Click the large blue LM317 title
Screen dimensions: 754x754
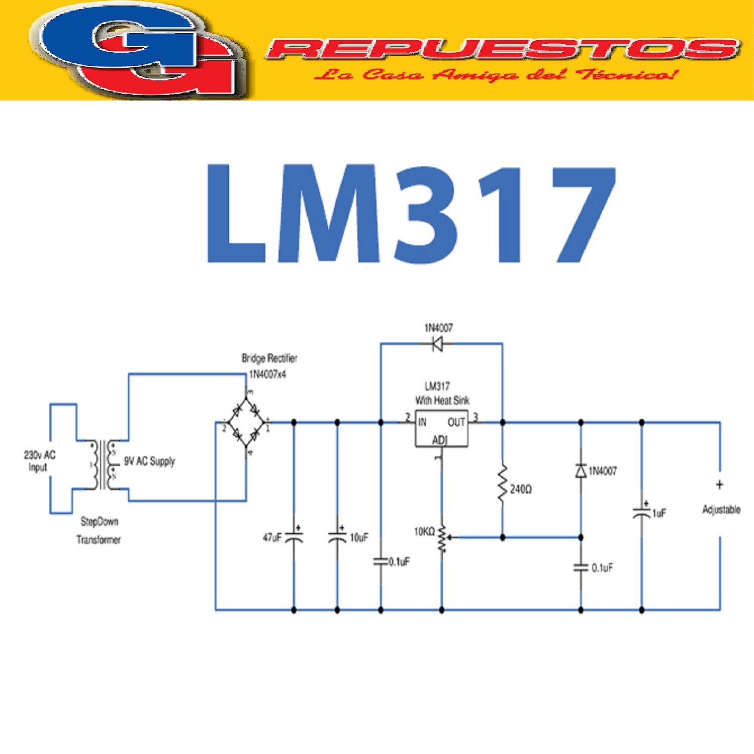click(411, 214)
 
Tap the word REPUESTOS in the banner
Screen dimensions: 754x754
click(503, 49)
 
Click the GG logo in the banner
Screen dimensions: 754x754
click(138, 50)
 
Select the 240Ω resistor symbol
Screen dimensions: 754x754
click(502, 484)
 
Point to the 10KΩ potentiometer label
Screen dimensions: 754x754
click(424, 532)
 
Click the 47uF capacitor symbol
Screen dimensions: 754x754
click(294, 537)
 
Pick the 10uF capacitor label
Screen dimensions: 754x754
click(359, 538)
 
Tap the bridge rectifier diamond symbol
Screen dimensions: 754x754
click(246, 422)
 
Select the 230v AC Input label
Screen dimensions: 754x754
click(39, 461)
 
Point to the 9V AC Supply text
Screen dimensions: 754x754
click(149, 461)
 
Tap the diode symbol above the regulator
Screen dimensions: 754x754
click(437, 344)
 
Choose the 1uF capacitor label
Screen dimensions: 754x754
click(659, 513)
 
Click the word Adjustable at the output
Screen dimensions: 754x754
click(721, 510)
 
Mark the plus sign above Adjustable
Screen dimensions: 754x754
click(720, 485)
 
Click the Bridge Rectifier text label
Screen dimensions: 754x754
click(269, 358)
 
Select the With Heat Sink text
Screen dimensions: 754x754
click(442, 400)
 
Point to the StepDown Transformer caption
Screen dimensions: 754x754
click(99, 530)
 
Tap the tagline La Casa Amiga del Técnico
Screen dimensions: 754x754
click(495, 75)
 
